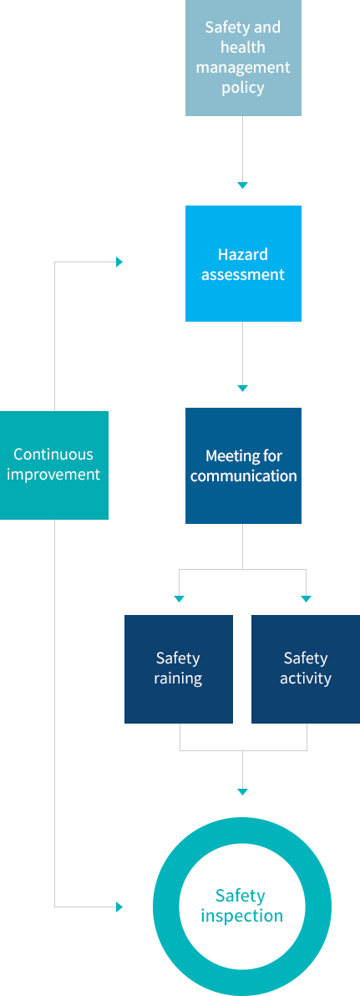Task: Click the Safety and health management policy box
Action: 243,58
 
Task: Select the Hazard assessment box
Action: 243,263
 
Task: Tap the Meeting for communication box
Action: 243,465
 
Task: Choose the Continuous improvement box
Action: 54,465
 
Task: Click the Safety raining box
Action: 179,668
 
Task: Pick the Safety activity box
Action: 306,668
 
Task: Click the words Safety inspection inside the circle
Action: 242,906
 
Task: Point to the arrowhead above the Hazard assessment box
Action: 242,185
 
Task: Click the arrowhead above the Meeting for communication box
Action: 242,388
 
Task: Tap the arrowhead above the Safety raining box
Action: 179,598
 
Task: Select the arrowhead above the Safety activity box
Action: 306,598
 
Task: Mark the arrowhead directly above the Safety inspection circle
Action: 242,791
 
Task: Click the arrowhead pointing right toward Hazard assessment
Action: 119,262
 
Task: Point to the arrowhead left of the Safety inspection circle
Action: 119,907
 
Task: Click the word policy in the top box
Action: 243,88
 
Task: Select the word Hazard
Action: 242,254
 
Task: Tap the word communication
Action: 243,475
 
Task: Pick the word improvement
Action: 53,475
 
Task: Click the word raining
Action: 179,678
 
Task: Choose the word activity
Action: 306,678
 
